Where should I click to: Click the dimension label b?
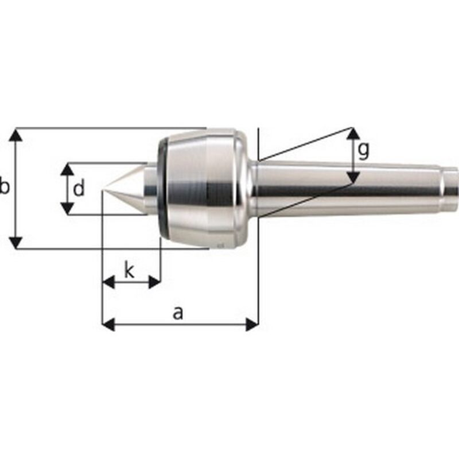[x=4, y=188]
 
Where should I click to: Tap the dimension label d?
[x=79, y=188]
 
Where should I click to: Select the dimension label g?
[x=363, y=150]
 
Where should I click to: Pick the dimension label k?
[x=130, y=270]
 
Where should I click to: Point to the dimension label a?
[x=178, y=313]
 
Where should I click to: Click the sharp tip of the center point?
[x=103, y=190]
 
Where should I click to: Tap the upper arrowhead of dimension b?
[x=17, y=135]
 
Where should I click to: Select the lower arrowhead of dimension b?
[x=17, y=242]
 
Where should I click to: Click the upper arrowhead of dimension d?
[x=68, y=170]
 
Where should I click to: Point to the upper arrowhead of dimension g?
[x=353, y=134]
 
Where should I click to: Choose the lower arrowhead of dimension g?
[x=353, y=177]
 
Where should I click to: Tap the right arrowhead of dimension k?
[x=154, y=282]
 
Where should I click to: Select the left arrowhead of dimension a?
[x=108, y=324]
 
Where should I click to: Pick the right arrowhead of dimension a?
[x=252, y=324]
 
